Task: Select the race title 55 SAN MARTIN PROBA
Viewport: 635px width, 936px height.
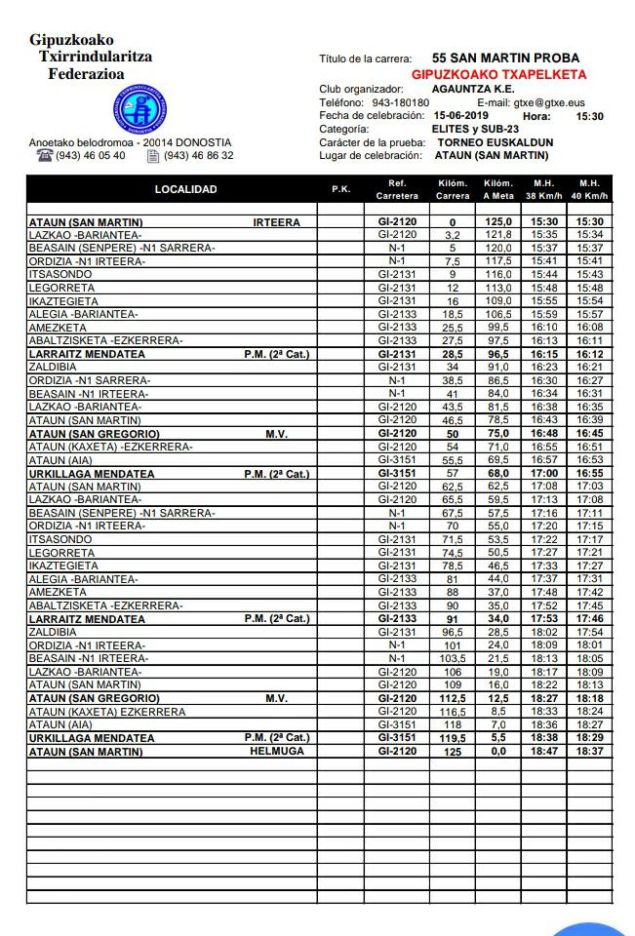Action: [505, 58]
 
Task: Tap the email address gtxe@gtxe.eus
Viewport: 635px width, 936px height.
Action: [545, 102]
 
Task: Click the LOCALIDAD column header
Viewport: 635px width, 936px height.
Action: [185, 189]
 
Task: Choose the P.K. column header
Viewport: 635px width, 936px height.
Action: [340, 189]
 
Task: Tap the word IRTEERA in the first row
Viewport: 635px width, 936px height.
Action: [277, 222]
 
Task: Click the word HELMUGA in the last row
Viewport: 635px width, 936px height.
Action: [277, 752]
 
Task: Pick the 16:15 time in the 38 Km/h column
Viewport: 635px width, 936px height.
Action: [543, 354]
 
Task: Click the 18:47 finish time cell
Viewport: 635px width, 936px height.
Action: [543, 752]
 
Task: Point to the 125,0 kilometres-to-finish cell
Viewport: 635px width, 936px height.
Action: [498, 222]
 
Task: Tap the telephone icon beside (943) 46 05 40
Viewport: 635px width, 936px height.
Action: [44, 156]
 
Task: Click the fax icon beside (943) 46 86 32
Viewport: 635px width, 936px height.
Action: [152, 156]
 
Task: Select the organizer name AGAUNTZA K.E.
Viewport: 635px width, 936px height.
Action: [467, 89]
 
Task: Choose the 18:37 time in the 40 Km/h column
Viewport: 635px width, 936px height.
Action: [589, 752]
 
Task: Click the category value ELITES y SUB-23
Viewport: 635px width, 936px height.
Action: [475, 129]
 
